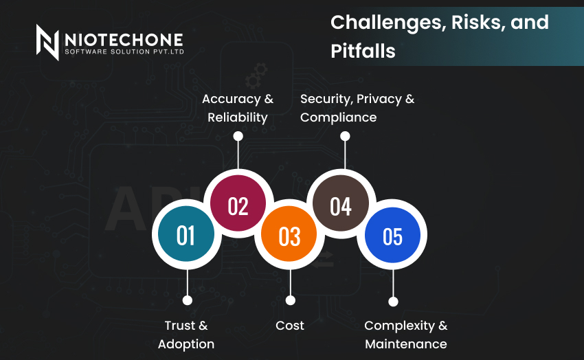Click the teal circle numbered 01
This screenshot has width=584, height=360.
(x=186, y=234)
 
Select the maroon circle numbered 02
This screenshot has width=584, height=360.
(x=238, y=203)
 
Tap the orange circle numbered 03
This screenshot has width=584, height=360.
(x=289, y=234)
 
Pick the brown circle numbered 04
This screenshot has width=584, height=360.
(x=341, y=203)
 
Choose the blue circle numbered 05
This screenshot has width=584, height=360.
(x=392, y=235)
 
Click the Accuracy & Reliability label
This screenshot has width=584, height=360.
(x=238, y=108)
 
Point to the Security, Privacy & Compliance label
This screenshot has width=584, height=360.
(x=357, y=108)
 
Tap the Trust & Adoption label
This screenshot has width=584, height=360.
(x=186, y=335)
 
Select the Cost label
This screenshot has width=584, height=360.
(x=290, y=326)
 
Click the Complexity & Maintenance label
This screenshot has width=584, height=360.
(x=406, y=335)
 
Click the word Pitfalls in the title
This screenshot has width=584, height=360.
(x=363, y=51)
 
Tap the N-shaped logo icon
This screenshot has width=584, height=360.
(x=47, y=42)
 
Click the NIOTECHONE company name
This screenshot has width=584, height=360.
(x=124, y=40)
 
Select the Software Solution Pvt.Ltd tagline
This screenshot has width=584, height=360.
(x=124, y=52)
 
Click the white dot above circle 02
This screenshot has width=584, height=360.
(x=238, y=136)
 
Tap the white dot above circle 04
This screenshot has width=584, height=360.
(x=345, y=136)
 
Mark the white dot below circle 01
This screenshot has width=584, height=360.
(x=188, y=300)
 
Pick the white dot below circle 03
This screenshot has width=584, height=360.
(x=291, y=300)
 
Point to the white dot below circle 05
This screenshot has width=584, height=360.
(x=393, y=302)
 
